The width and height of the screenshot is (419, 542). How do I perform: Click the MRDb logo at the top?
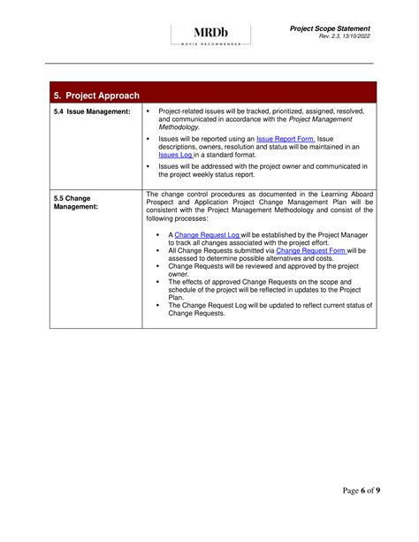pyautogui.click(x=209, y=33)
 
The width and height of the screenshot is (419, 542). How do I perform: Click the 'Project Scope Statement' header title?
pyautogui.click(x=330, y=28)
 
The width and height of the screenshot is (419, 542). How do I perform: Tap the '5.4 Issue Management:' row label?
pyautogui.click(x=92, y=111)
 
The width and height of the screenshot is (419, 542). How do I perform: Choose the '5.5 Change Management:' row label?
pyautogui.click(x=75, y=202)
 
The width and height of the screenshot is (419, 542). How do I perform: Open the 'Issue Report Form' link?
pyautogui.click(x=285, y=139)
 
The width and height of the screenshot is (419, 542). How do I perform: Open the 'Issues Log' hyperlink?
pyautogui.click(x=175, y=154)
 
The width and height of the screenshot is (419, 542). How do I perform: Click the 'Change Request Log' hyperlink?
pyautogui.click(x=207, y=234)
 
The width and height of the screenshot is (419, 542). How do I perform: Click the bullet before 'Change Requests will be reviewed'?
pyautogui.click(x=156, y=265)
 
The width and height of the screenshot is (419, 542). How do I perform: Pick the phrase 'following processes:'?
pyautogui.click(x=184, y=218)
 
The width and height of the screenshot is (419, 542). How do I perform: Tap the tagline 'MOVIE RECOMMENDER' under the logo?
pyautogui.click(x=209, y=43)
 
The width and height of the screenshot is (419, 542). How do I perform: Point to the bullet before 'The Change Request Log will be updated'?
pyautogui.click(x=156, y=305)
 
